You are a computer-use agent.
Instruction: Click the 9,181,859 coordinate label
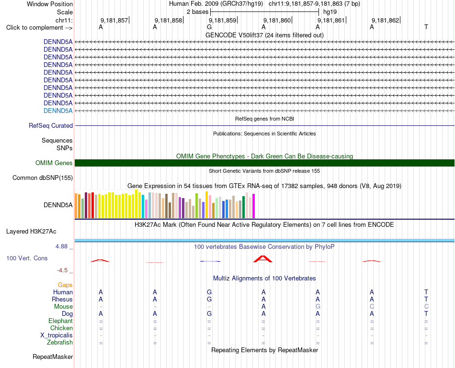(x=223, y=20)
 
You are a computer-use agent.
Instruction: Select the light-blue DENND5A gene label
(x=58, y=111)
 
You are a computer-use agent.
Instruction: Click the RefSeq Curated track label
(x=51, y=125)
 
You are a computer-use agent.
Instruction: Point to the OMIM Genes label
(x=54, y=163)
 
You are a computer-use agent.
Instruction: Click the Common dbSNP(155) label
(x=43, y=178)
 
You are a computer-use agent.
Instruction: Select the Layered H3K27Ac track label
(x=31, y=232)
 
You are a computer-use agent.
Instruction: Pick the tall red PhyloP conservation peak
(x=263, y=259)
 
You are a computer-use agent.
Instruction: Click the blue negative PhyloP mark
(x=210, y=261)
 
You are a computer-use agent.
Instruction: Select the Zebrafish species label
(x=60, y=343)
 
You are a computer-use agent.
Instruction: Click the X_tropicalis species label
(x=57, y=335)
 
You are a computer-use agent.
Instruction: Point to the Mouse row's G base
(x=318, y=307)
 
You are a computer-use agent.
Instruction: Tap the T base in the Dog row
(x=426, y=313)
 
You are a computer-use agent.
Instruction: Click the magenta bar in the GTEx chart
(x=254, y=206)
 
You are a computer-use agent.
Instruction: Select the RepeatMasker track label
(x=53, y=357)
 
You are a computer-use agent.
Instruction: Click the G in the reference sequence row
(x=209, y=27)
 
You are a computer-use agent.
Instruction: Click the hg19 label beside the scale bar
(x=330, y=12)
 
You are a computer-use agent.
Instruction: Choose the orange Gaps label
(x=65, y=285)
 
